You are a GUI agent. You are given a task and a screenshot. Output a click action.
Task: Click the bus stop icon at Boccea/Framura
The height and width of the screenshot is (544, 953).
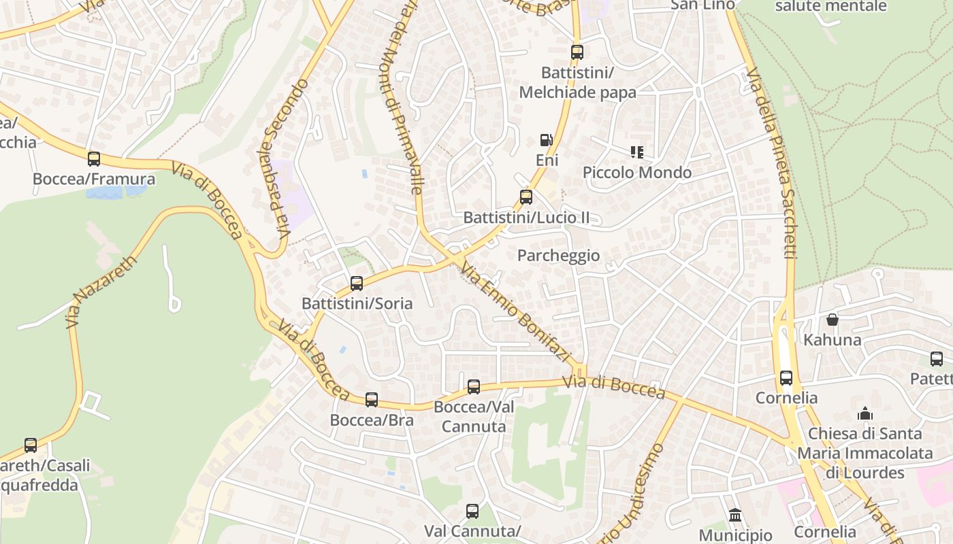coord(94,159)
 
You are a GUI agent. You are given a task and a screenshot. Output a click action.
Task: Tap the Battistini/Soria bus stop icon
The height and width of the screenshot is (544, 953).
coord(357,284)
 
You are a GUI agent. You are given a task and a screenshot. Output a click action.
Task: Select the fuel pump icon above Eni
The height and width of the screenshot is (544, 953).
coord(546,140)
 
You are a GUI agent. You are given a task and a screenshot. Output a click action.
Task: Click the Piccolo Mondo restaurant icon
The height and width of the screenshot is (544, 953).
coord(637,152)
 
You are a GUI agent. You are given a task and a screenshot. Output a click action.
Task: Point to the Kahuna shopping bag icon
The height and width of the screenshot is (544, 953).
coord(832,320)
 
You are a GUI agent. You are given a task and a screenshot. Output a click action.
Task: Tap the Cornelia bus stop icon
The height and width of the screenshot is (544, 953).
coord(786,378)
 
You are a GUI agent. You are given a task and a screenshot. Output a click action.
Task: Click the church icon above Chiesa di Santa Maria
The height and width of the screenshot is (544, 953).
coord(865,413)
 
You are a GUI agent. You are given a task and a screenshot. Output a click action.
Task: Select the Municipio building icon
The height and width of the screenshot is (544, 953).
coord(735,515)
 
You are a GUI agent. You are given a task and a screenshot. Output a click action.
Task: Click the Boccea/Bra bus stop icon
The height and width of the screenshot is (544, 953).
coord(372,400)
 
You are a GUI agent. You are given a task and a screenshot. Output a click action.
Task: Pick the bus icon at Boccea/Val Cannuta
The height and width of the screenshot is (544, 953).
coord(474,387)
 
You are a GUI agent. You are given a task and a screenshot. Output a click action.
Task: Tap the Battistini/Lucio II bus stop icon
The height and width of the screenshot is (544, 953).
coord(526,198)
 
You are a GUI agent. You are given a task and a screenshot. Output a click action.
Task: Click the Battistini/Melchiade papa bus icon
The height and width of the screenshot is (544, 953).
coord(577,52)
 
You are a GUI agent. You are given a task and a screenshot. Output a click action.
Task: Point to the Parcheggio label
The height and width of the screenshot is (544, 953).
coord(558,256)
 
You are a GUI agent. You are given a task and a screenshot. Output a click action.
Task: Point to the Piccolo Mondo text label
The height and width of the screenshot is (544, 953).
coord(637,173)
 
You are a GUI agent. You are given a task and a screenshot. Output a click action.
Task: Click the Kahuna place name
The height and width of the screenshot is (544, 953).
coord(832,339)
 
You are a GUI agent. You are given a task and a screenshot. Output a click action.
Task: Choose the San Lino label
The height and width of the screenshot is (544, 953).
coord(702,5)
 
